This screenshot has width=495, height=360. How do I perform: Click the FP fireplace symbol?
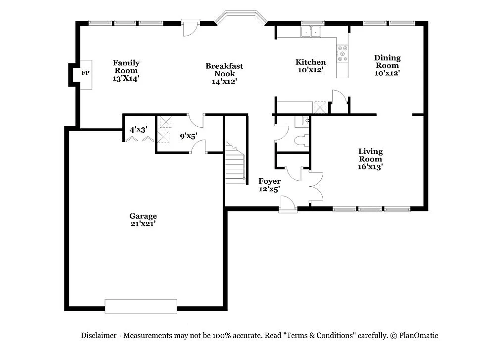(85, 73)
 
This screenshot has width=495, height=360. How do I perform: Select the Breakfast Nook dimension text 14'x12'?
(224, 82)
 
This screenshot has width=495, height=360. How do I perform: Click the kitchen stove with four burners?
(342, 53)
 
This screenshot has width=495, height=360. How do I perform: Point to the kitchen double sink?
(311, 32)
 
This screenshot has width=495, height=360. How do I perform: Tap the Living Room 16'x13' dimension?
(370, 167)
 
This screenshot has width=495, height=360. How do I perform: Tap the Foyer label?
(270, 181)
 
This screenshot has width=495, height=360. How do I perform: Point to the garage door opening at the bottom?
(141, 306)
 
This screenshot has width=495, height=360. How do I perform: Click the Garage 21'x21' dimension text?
(143, 223)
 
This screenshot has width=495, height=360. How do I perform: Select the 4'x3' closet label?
(138, 130)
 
